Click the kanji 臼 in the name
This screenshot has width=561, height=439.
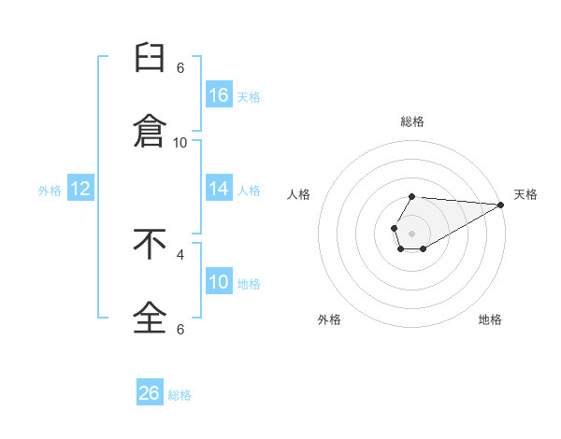tap(150, 58)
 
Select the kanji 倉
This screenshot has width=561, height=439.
tap(150, 131)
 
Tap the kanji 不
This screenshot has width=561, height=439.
tap(150, 244)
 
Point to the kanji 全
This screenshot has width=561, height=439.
tap(150, 318)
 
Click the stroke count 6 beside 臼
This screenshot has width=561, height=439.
tap(180, 68)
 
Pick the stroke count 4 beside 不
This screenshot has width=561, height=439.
tap(180, 255)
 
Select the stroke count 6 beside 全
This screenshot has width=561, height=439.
tap(180, 329)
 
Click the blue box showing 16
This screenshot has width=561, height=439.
tap(219, 94)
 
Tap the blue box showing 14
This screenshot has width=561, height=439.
tap(219, 188)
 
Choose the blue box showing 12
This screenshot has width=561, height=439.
tap(80, 188)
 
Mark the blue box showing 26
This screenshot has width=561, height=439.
tap(150, 391)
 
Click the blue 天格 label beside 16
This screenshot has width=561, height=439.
tap(249, 97)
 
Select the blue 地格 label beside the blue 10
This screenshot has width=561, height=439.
tap(249, 284)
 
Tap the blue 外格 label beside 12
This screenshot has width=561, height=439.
tap(50, 191)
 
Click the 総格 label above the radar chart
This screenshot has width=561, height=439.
tap(412, 121)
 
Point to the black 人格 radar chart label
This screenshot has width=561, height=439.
tap(298, 194)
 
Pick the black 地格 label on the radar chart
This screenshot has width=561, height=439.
tap(490, 319)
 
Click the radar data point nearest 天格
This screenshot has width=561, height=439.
tap(501, 205)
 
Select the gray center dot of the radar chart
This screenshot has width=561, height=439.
tap(411, 234)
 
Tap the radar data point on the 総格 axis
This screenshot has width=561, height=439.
tap(411, 197)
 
